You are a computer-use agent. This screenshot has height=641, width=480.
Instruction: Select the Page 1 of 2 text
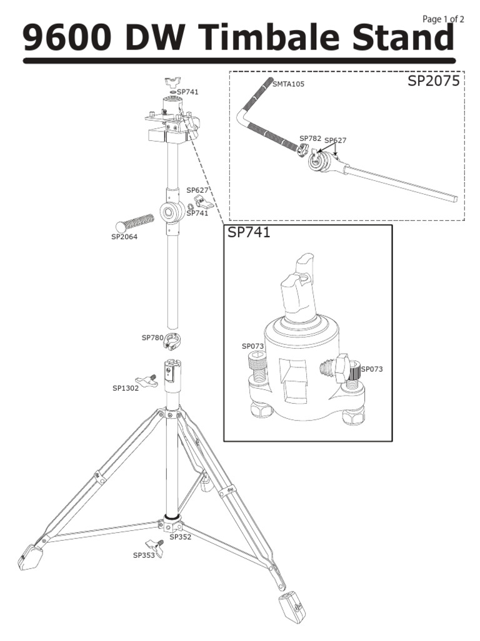pyautogui.click(x=443, y=19)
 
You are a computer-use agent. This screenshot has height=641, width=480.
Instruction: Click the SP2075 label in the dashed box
pyautogui.click(x=434, y=81)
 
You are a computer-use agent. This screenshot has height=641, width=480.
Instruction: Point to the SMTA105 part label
pyautogui.click(x=289, y=84)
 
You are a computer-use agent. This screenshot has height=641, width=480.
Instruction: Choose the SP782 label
pyautogui.click(x=310, y=138)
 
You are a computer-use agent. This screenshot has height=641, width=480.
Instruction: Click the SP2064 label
pyautogui.click(x=124, y=237)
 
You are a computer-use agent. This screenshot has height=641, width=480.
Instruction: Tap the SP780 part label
pyautogui.click(x=152, y=337)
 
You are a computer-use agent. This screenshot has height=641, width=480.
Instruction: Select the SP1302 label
pyautogui.click(x=126, y=388)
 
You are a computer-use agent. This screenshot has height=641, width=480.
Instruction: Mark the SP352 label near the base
pyautogui.click(x=181, y=537)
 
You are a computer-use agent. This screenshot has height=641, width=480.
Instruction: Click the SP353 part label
pyautogui.click(x=144, y=555)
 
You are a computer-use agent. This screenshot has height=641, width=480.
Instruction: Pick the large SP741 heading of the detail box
pyautogui.click(x=249, y=233)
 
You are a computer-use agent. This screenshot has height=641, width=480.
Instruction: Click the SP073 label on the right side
pyautogui.click(x=372, y=369)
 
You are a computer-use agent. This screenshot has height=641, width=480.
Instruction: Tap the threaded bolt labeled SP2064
pyautogui.click(x=137, y=221)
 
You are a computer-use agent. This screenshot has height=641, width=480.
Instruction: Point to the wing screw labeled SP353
pyautogui.click(x=154, y=546)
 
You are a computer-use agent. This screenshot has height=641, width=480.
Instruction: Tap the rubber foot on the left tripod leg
pyautogui.click(x=29, y=557)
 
